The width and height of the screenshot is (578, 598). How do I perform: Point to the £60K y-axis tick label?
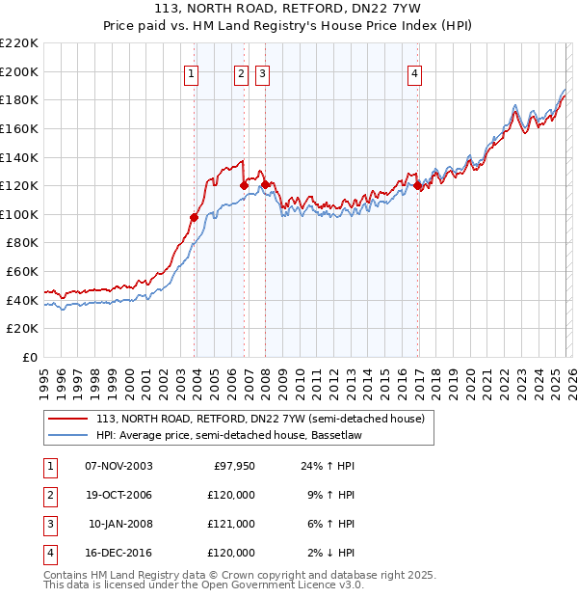pyautogui.click(x=22, y=272)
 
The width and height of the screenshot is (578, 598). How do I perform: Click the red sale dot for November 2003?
pyautogui.click(x=195, y=217)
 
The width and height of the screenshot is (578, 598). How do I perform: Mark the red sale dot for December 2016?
pyautogui.click(x=418, y=186)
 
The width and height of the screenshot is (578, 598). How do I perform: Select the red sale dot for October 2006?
pyautogui.click(x=244, y=185)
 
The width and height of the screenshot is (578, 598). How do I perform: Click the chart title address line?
pyautogui.click(x=289, y=11)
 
